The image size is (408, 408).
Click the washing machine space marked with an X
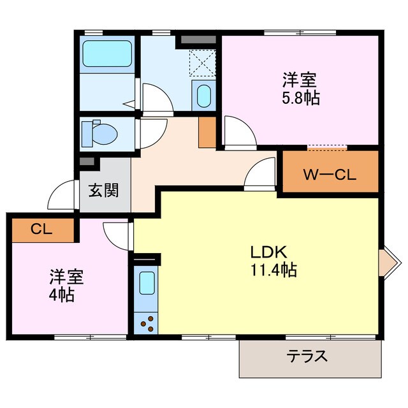pyautogui.click(x=203, y=62)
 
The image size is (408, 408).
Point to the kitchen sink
pyautogui.click(x=147, y=283)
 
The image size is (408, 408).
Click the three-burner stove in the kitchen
pyautogui.click(x=147, y=322)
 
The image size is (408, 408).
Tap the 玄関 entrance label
pyautogui.click(x=103, y=190)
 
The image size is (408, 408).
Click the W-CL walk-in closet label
pyautogui.click(x=330, y=173)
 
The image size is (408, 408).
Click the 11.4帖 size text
pyautogui.click(x=273, y=270)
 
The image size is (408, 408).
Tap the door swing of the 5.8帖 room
pyautogui.click(x=237, y=131)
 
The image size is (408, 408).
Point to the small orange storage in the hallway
pyautogui.click(x=207, y=132)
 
